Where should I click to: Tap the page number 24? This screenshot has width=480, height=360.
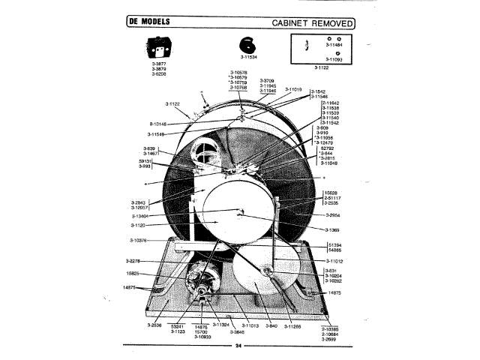click(238, 346)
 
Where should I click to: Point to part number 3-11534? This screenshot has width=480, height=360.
click(249, 57)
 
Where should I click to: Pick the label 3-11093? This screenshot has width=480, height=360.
click(335, 59)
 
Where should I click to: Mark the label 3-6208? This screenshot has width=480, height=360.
click(158, 75)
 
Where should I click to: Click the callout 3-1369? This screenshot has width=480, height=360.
click(333, 229)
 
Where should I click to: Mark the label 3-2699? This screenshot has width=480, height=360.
click(330, 340)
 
